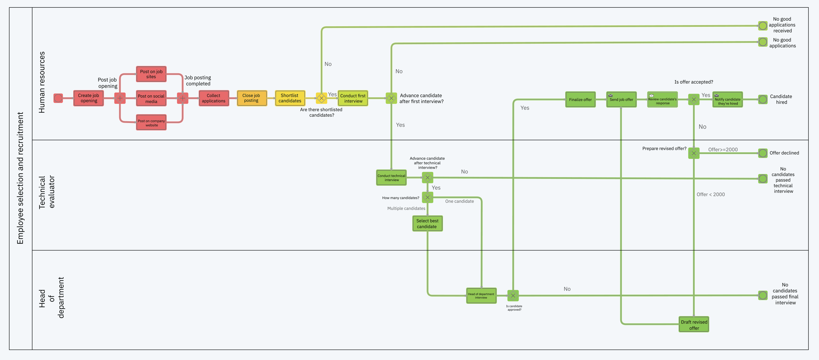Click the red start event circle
pyautogui.click(x=58, y=98)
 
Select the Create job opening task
pyautogui.click(x=88, y=98)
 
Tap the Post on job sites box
pyautogui.click(x=151, y=74)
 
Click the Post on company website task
pyautogui.click(x=151, y=123)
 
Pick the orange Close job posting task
pyautogui.click(x=251, y=98)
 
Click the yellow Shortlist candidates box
pyautogui.click(x=290, y=98)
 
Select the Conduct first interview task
pyautogui.click(x=353, y=98)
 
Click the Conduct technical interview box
pyautogui.click(x=391, y=177)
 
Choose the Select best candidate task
pyautogui.click(x=427, y=223)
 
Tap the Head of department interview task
pyautogui.click(x=481, y=296)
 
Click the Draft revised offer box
pyautogui.click(x=694, y=324)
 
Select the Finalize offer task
pyautogui.click(x=580, y=100)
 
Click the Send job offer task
pyautogui.click(x=621, y=100)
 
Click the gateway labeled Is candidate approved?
pyautogui.click(x=513, y=296)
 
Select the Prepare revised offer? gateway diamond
pyautogui.click(x=694, y=153)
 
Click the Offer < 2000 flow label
pyautogui.click(x=711, y=194)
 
